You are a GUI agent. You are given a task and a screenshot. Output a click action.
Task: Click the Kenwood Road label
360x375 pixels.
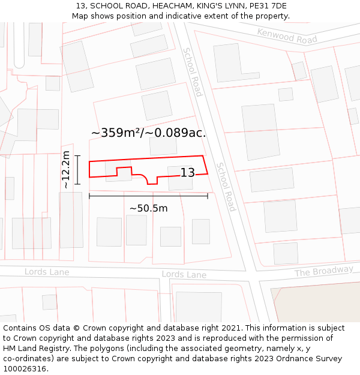pos(287,35)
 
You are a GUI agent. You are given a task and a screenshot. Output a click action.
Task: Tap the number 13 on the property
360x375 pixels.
pos(188,173)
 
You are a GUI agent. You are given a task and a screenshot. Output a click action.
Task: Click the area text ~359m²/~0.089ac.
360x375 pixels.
pos(148,133)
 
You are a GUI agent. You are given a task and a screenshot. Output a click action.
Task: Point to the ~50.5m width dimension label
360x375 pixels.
pos(148,208)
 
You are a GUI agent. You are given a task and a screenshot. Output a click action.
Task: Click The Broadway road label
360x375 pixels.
pos(323,272)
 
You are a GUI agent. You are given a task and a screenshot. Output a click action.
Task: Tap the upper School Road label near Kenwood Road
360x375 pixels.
pos(193,72)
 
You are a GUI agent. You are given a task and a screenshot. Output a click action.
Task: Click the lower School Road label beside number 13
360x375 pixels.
pos(226,187)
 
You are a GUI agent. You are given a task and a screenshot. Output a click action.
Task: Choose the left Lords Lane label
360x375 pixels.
pos(47,272)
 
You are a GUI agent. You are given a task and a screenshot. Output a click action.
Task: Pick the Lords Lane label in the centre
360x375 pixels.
pos(184,275)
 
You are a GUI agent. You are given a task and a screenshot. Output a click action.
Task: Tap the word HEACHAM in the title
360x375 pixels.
pos(163,6)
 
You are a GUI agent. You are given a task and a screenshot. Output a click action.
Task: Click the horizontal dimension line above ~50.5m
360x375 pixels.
pos(148,196)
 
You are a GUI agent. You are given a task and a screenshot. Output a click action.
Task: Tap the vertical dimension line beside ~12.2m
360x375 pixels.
pos(77,170)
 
